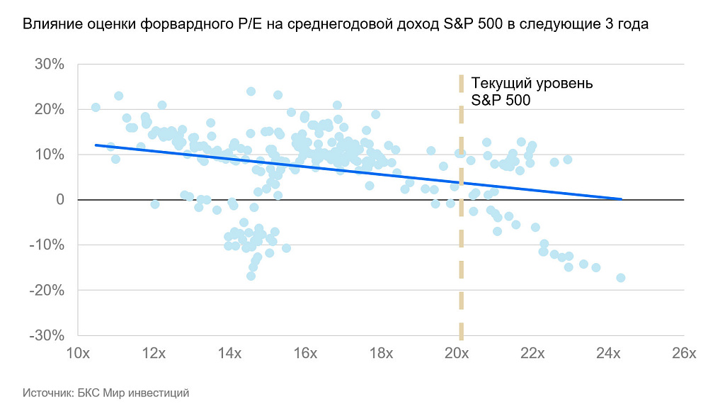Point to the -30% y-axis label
click(47, 335)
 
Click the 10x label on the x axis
click(77, 353)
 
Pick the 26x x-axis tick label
click(684, 353)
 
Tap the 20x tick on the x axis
click(457, 353)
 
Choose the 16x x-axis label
click(305, 353)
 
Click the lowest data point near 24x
click(620, 278)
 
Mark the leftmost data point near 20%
click(96, 107)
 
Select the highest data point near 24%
click(251, 91)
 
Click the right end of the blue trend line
click(621, 199)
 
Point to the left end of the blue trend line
click(96, 145)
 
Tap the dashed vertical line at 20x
click(462, 213)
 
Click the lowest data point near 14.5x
click(251, 276)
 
